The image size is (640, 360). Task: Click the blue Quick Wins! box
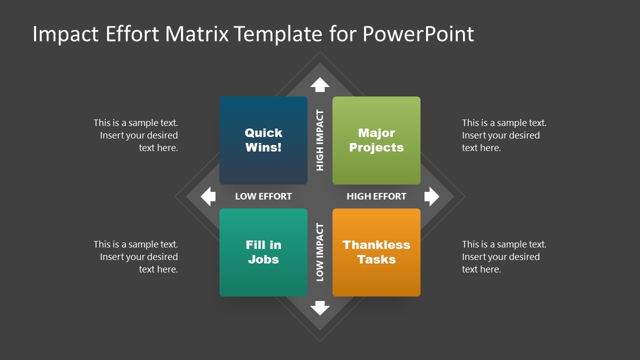coord(263,140)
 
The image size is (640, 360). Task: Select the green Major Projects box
coord(376,140)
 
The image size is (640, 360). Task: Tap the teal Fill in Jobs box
coord(263,252)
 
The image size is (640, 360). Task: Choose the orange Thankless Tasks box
coord(376,252)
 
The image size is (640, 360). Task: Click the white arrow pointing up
coord(320,84)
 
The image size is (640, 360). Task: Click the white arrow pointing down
coord(320,308)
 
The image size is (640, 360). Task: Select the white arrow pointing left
coord(208,196)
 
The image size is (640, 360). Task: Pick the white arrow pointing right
coord(431,196)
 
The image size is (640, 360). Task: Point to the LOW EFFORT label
coord(263,196)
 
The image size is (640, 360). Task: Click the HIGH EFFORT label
coord(376,196)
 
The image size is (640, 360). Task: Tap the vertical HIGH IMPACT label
coord(320,140)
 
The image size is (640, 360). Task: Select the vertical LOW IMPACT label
coord(320,252)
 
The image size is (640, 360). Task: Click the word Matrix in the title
coord(197,34)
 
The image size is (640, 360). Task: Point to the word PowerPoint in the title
coord(418,34)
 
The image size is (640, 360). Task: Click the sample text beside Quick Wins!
coord(136,135)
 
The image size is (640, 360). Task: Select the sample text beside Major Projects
coord(503,135)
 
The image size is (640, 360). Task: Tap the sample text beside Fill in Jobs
coord(136,256)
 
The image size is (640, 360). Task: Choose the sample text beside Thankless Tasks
coord(503,256)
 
